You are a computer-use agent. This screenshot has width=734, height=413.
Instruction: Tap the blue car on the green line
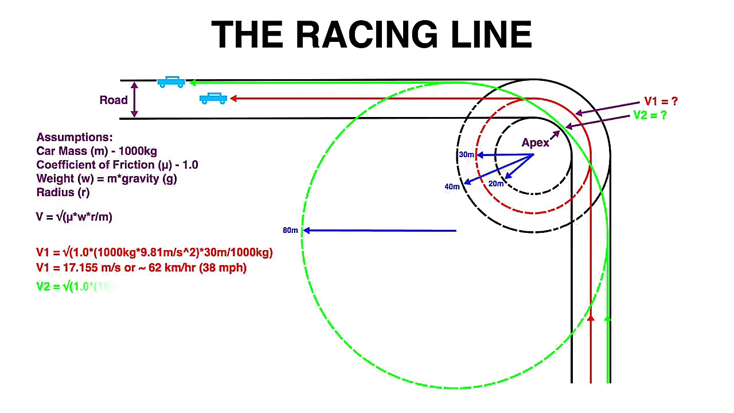171,82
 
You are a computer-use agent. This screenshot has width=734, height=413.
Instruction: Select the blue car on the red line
213,99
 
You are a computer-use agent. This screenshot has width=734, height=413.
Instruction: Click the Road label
114,100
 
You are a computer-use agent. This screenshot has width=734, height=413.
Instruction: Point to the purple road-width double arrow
134,100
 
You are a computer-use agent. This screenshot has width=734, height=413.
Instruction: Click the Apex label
535,143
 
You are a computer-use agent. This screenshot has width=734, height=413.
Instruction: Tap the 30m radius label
466,155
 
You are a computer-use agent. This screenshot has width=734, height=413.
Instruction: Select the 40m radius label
452,186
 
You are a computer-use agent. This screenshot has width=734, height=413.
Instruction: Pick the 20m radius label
495,184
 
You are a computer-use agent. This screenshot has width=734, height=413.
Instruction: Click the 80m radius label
290,231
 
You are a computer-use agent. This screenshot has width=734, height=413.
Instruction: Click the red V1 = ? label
661,102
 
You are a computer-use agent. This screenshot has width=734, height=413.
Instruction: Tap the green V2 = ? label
650,115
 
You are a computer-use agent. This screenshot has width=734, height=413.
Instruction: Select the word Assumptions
75,138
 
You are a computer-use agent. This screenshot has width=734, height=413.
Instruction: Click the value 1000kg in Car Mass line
138,151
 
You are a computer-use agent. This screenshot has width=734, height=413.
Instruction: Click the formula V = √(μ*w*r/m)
74,217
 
